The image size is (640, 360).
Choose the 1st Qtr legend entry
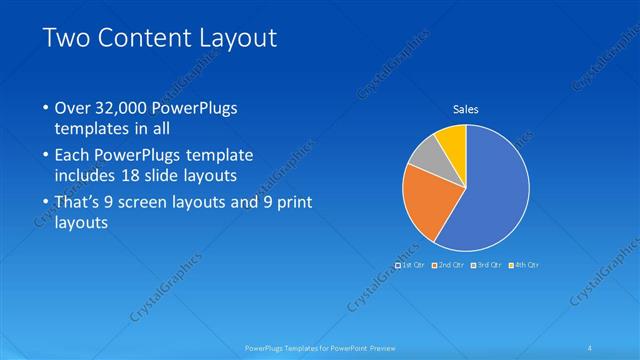coord(412,265)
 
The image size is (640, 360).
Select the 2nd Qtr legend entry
coord(449,265)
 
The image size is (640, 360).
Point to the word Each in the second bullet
coord(74,157)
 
